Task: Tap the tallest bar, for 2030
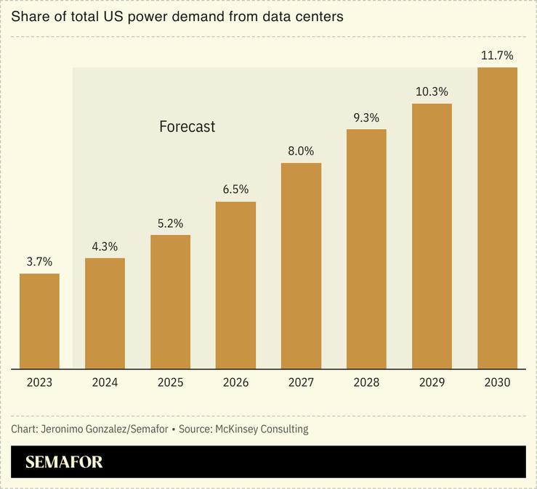pyautogui.click(x=497, y=218)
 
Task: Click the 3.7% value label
pyautogui.click(x=39, y=262)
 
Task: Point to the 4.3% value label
pyautogui.click(x=105, y=247)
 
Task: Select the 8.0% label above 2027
pyautogui.click(x=301, y=151)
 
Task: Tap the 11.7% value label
pyautogui.click(x=497, y=55)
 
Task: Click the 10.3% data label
pyautogui.click(x=432, y=92)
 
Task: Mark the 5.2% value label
pyautogui.click(x=170, y=223)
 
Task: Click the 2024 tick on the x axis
pyautogui.click(x=105, y=382)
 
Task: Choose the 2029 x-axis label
pyautogui.click(x=432, y=382)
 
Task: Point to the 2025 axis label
pyautogui.click(x=170, y=382)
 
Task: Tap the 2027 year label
pyautogui.click(x=301, y=382)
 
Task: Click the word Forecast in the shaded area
pyautogui.click(x=187, y=126)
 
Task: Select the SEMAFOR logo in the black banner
pyautogui.click(x=64, y=462)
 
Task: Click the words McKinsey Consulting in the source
pyautogui.click(x=262, y=429)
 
